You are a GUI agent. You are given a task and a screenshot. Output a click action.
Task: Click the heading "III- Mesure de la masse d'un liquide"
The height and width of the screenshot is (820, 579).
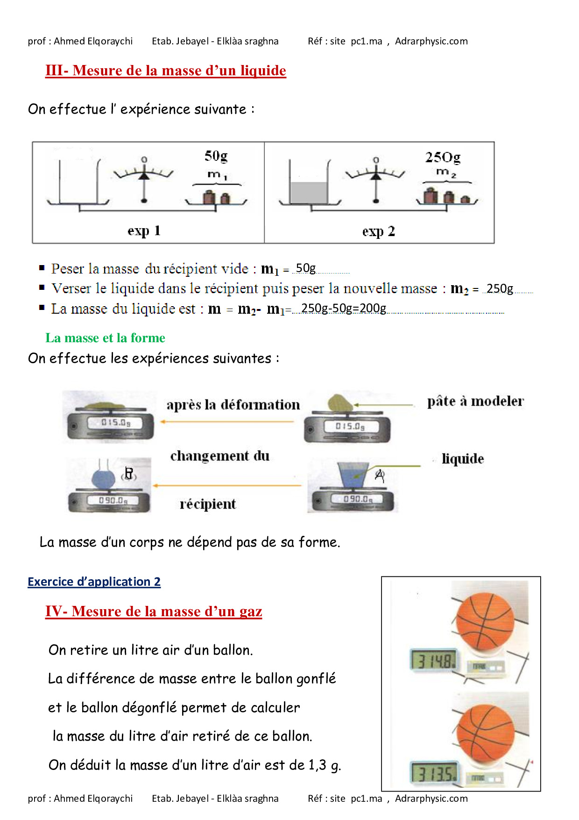pyautogui.click(x=166, y=71)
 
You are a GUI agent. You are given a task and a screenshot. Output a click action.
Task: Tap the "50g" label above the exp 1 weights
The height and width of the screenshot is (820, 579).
pyautogui.click(x=216, y=156)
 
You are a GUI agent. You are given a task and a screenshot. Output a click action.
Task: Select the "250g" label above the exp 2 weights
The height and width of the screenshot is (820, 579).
pyautogui.click(x=443, y=158)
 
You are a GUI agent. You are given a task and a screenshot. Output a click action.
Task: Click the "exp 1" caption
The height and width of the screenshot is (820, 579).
pyautogui.click(x=144, y=230)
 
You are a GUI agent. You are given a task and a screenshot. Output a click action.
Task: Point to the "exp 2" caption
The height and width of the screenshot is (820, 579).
pyautogui.click(x=378, y=231)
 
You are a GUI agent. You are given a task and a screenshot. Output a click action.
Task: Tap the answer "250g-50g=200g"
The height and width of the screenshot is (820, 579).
pyautogui.click(x=344, y=309)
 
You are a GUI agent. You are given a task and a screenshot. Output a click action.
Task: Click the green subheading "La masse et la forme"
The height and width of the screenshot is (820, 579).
pyautogui.click(x=105, y=338)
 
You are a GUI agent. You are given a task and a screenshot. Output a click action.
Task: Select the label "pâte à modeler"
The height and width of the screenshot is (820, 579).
pyautogui.click(x=475, y=401)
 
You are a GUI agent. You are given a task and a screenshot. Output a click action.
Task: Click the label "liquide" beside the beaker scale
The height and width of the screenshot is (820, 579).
pyautogui.click(x=463, y=459)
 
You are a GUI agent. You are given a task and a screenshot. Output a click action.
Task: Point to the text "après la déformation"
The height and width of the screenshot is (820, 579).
pyautogui.click(x=233, y=404)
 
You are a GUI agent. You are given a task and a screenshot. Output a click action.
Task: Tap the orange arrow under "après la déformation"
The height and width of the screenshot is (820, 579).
pyautogui.click(x=227, y=422)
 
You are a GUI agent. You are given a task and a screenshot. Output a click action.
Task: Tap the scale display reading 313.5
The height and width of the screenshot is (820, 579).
pyautogui.click(x=435, y=773)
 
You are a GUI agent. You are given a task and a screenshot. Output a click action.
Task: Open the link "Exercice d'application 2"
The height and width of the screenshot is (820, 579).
pyautogui.click(x=94, y=582)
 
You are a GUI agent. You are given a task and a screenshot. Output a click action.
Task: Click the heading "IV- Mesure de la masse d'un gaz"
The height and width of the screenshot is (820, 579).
pyautogui.click(x=154, y=611)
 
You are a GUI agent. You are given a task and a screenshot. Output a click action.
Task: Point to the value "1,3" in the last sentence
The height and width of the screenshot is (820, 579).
pyautogui.click(x=318, y=765)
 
